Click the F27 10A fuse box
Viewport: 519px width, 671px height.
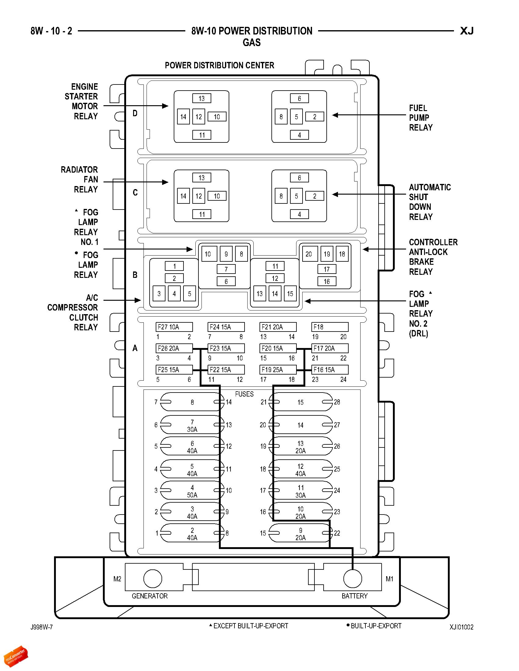pos(174,327)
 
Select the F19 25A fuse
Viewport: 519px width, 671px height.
pos(278,370)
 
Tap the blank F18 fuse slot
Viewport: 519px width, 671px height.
pos(330,327)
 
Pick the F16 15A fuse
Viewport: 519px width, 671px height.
pos(330,370)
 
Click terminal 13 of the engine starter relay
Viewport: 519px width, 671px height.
pos(202,98)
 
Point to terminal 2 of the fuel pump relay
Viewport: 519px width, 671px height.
pos(314,117)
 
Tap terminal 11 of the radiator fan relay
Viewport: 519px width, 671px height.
pos(202,214)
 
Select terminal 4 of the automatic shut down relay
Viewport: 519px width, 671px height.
pos(299,214)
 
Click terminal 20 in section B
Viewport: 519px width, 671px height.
pos(309,254)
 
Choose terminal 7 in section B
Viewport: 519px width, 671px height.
pos(226,269)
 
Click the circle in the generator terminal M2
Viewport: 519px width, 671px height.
pos(153,579)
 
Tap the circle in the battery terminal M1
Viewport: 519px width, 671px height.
pos(352,579)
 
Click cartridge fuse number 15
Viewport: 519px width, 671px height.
pos(300,402)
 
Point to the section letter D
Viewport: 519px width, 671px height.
pos(135,113)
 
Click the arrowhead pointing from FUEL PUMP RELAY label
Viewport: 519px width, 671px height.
pos(335,115)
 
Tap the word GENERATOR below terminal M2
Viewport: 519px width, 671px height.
pos(150,596)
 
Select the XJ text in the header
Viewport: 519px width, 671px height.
pos(467,31)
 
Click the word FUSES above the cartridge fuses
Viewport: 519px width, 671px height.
pos(245,394)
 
